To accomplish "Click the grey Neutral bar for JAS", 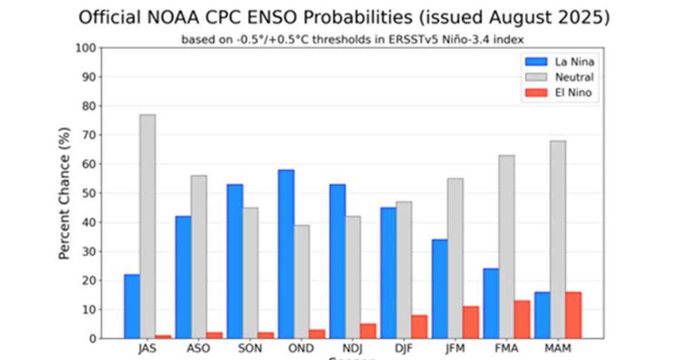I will click(147, 226).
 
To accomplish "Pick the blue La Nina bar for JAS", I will click(131, 306).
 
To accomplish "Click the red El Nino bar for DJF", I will click(419, 327).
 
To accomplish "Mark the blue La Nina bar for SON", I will click(234, 261).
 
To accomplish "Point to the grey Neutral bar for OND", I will click(302, 281).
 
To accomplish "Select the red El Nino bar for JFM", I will click(470, 322).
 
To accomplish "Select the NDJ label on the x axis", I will click(351, 349).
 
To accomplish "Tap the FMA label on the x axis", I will click(506, 349).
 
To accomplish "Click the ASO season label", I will click(198, 349).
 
